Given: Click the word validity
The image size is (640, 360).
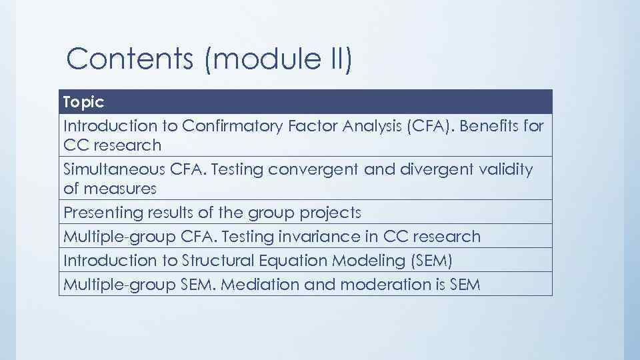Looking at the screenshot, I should pos(505,169).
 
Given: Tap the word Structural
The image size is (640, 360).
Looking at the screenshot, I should pos(208,261).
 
